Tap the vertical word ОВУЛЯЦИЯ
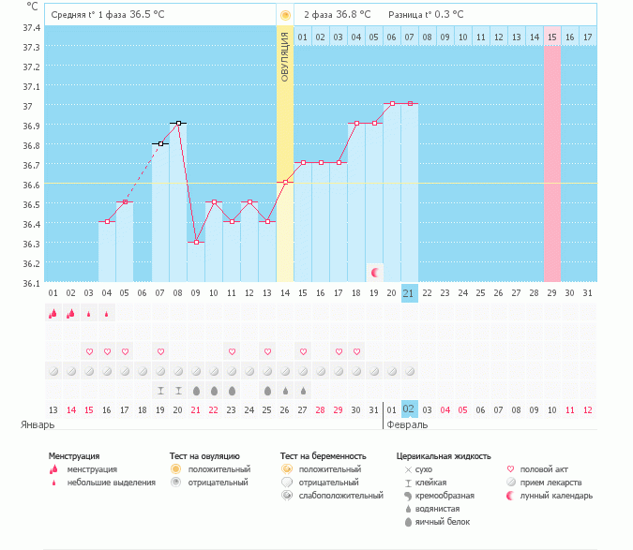click(x=285, y=56)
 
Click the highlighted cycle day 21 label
click(x=409, y=293)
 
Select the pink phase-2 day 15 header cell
click(x=551, y=37)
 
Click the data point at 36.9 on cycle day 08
click(x=178, y=123)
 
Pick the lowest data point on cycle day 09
click(x=196, y=242)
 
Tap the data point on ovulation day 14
click(x=285, y=182)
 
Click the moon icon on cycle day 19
click(x=374, y=272)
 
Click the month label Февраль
click(x=409, y=424)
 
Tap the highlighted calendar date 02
click(x=409, y=409)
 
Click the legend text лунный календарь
click(x=561, y=495)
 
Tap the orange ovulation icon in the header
click(x=285, y=15)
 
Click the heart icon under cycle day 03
click(x=89, y=351)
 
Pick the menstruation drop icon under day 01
click(x=53, y=314)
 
